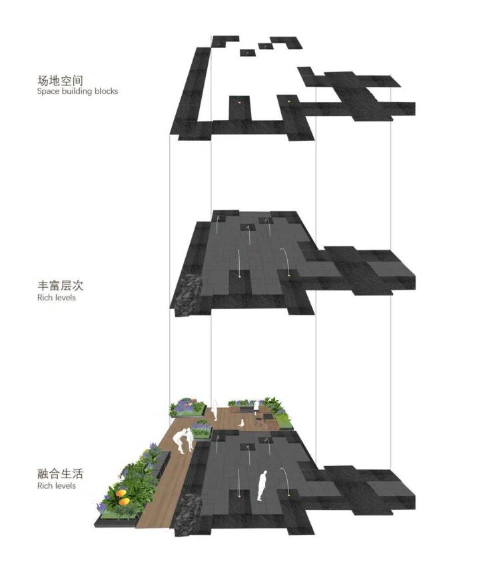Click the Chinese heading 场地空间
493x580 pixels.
[60, 81]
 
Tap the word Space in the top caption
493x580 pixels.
[48, 91]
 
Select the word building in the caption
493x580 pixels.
[77, 91]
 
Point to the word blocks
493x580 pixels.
[106, 91]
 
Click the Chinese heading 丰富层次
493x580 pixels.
[60, 286]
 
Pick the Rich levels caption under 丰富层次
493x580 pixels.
[56, 298]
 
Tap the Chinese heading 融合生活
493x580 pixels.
[60, 474]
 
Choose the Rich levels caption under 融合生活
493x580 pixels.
[56, 485]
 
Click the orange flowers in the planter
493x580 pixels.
[123, 497]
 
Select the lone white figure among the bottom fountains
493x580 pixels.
[262, 485]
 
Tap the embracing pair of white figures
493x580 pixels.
[184, 441]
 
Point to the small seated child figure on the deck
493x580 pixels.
[241, 423]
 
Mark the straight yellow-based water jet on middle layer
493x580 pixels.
[239, 264]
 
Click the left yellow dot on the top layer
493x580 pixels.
[239, 101]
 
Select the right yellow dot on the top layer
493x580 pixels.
[289, 101]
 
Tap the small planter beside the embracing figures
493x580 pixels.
[201, 430]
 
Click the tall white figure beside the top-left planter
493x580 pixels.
[215, 410]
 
